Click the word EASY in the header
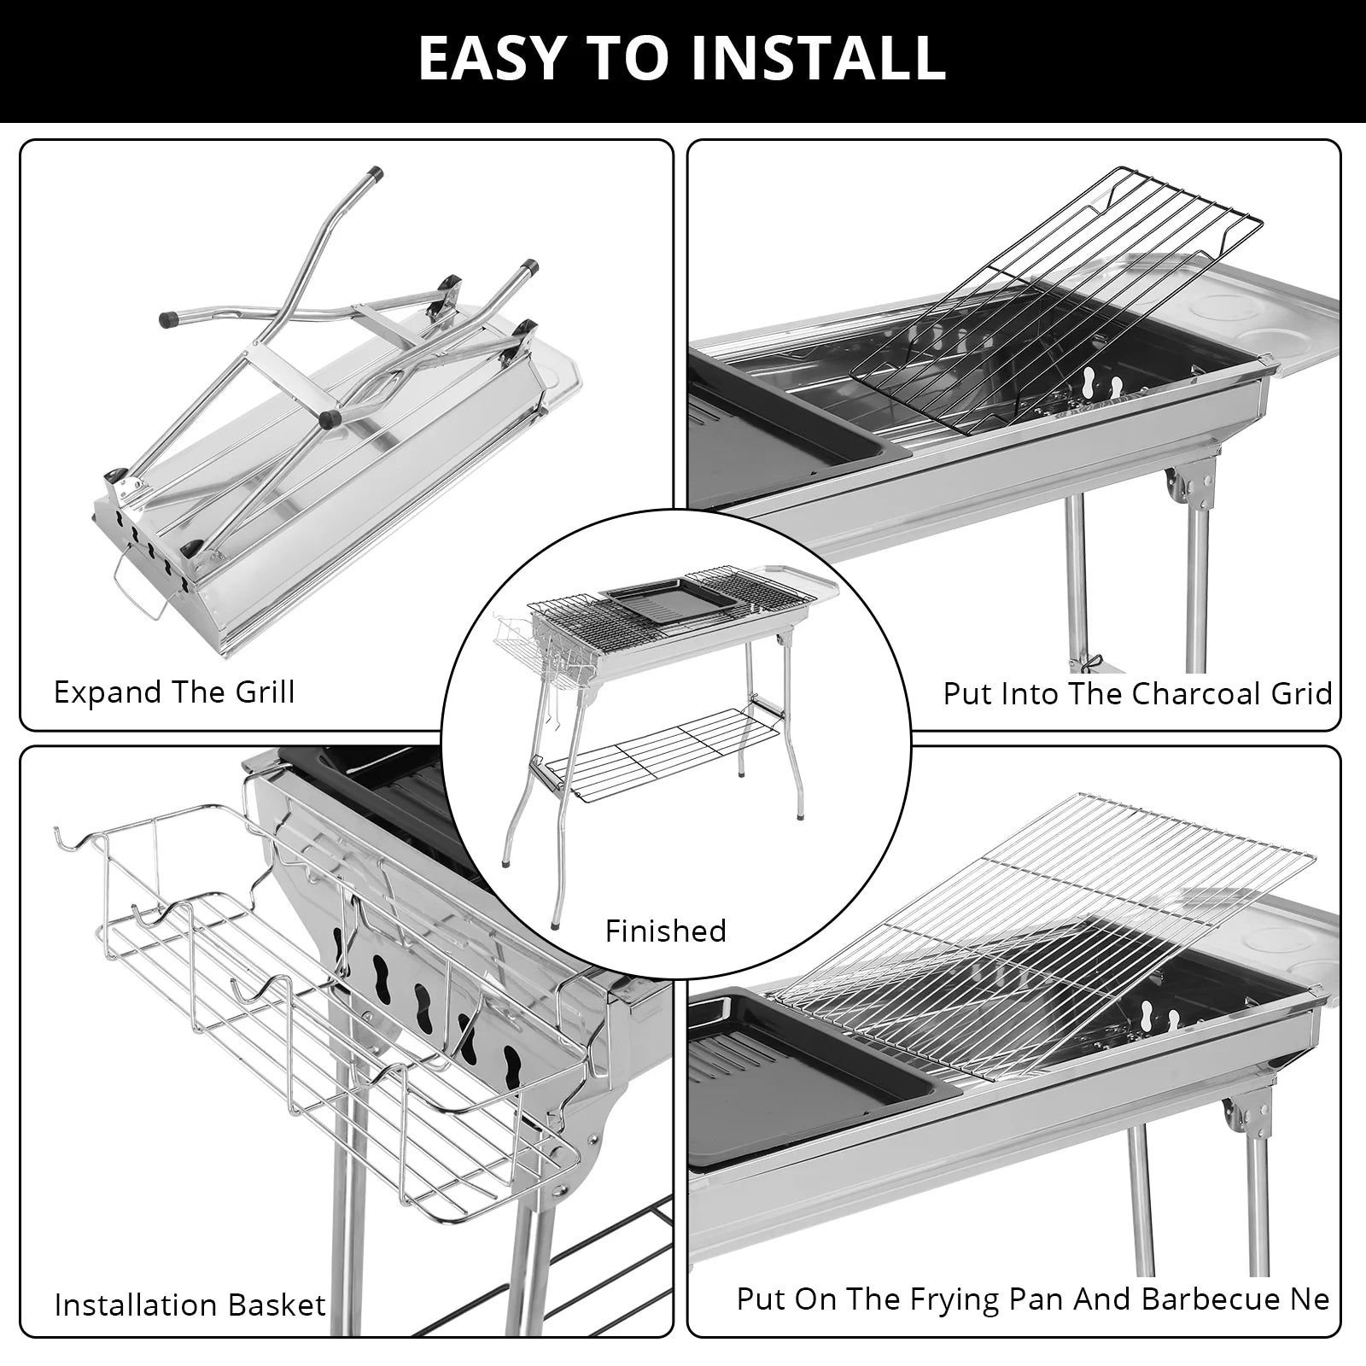[x=491, y=58]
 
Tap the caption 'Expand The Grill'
[x=174, y=692]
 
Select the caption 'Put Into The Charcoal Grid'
[x=1136, y=693]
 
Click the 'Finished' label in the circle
[x=665, y=931]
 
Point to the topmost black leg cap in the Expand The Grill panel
[x=372, y=173]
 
